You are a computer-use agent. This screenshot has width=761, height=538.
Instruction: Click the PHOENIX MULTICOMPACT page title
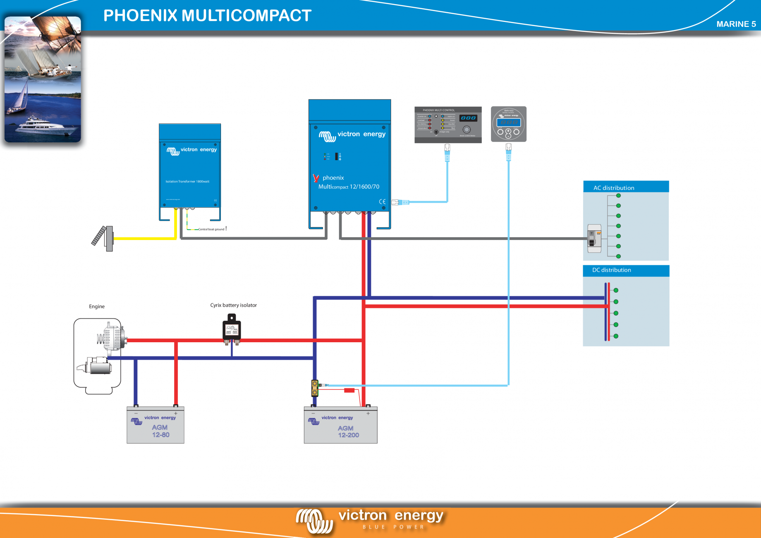coord(207,16)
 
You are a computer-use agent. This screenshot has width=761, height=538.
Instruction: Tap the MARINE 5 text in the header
coord(736,24)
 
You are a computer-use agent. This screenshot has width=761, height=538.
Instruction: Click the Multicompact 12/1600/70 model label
coord(349,187)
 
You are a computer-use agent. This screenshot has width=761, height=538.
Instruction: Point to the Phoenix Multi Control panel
coord(448,125)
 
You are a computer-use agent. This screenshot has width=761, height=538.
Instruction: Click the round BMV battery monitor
coord(508,124)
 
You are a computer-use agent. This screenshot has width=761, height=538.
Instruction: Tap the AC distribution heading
coord(614,187)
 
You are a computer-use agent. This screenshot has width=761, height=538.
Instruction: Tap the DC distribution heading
coord(611,270)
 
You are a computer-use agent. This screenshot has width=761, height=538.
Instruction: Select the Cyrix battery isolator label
coord(233,305)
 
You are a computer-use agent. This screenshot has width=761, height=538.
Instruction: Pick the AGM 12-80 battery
coord(156,425)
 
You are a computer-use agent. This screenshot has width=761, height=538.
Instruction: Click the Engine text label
coord(97,306)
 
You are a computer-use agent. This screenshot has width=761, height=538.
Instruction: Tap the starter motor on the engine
coord(97,366)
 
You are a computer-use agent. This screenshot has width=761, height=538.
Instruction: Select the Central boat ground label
coord(211,229)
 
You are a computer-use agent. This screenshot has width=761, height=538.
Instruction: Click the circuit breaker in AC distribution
coord(594,238)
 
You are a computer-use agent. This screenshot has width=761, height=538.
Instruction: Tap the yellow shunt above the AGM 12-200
coord(315,388)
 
